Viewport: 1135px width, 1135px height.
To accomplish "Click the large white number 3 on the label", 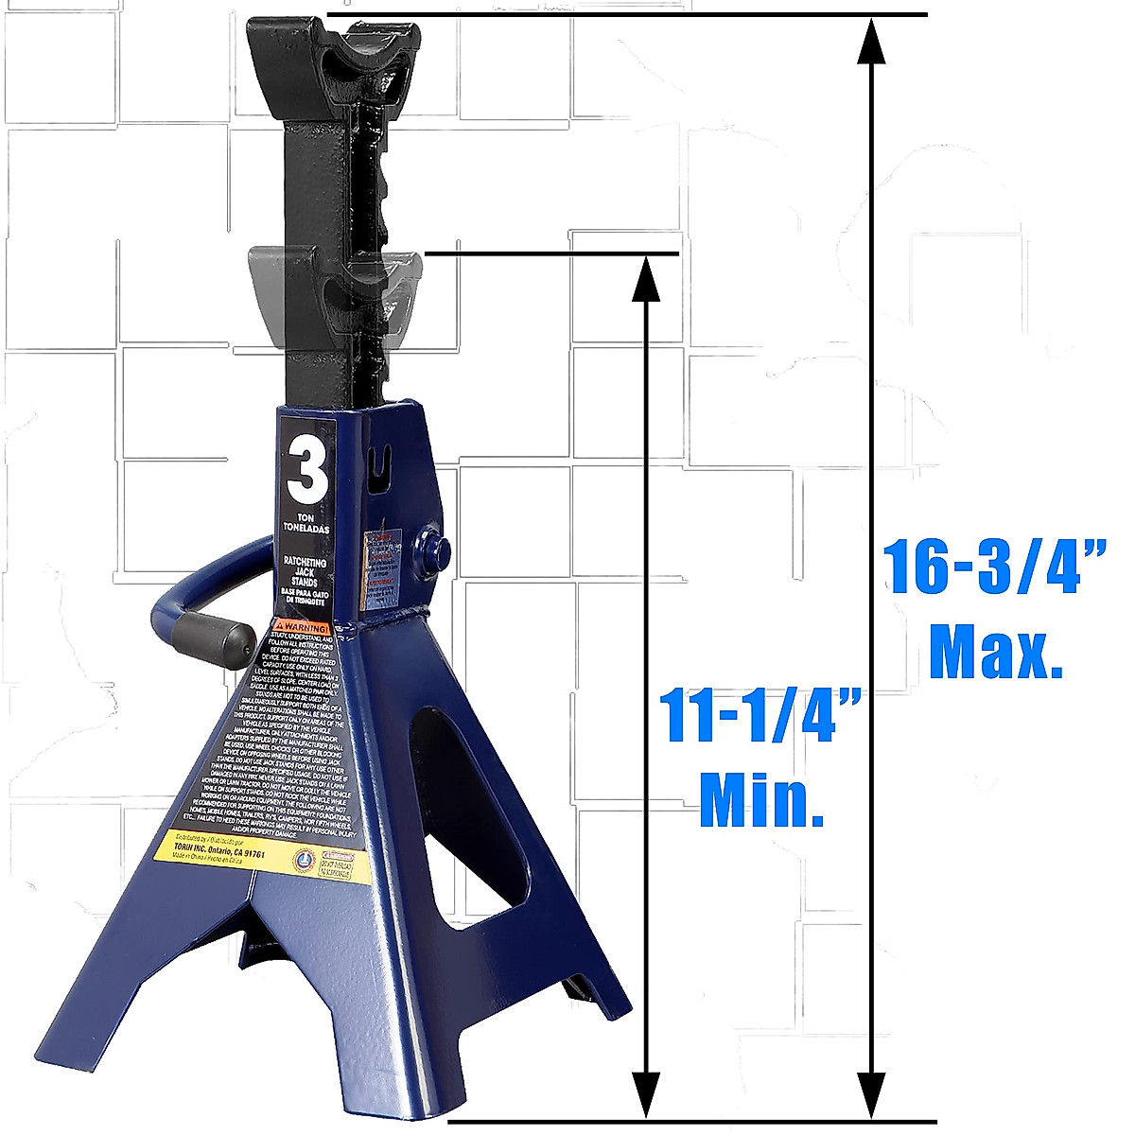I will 307,468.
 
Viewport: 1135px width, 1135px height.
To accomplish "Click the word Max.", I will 995,651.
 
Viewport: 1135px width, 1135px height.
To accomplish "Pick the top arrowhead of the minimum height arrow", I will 646,278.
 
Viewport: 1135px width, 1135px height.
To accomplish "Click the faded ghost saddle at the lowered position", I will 331,293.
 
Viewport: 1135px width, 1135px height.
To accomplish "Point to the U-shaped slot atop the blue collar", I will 381,463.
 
